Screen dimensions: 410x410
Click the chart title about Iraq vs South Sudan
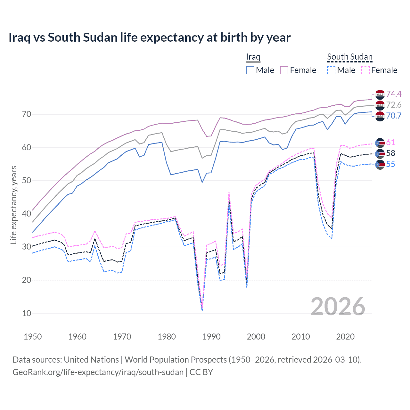(x=149, y=37)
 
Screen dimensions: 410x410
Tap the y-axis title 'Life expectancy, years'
(x=13, y=205)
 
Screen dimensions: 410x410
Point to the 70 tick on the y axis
(x=27, y=114)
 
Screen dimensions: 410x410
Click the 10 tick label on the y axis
(x=27, y=313)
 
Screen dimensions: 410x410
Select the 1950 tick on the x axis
(x=33, y=337)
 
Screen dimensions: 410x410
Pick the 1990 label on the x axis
(x=211, y=337)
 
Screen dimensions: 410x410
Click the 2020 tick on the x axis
(x=345, y=337)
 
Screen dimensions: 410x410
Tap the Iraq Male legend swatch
(x=250, y=70)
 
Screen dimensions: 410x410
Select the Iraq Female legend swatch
(x=284, y=70)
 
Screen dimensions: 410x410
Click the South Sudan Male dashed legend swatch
(x=331, y=70)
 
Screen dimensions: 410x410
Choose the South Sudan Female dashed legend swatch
(x=365, y=70)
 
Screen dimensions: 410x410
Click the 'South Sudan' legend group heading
(x=349, y=57)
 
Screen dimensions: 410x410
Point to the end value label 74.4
(x=394, y=94)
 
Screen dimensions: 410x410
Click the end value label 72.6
(x=394, y=105)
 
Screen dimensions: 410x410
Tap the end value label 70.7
(x=394, y=116)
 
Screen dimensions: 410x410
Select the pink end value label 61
(x=390, y=142)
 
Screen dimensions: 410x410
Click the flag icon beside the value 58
(x=380, y=153)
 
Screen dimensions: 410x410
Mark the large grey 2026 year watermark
(x=338, y=307)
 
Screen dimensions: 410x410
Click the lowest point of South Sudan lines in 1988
(x=202, y=310)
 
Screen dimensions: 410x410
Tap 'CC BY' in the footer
(x=201, y=372)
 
